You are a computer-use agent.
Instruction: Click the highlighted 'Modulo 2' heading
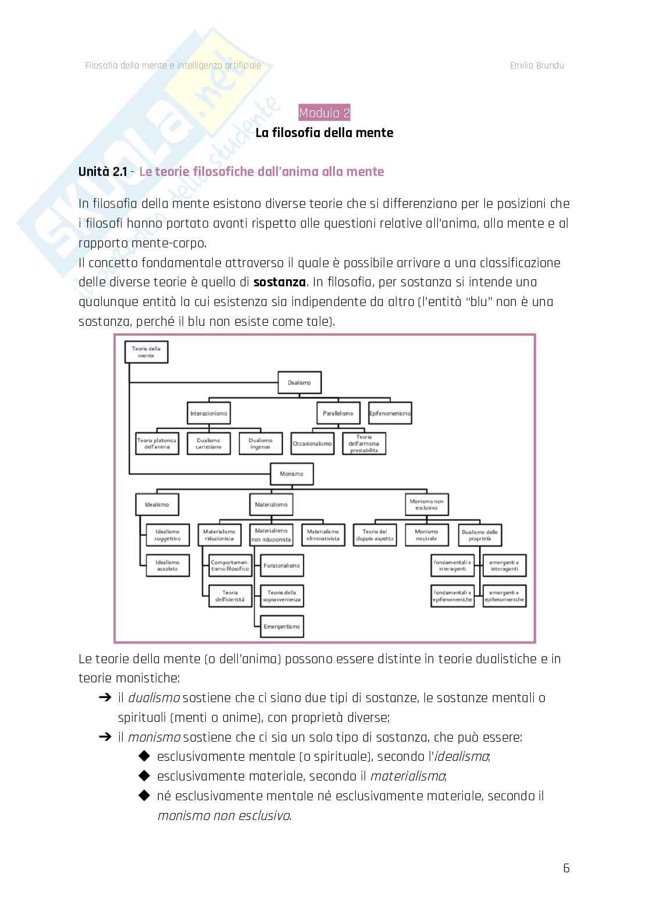[x=324, y=113]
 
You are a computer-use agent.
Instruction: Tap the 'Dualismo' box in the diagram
[x=299, y=383]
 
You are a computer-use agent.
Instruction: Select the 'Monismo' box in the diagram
[x=291, y=474]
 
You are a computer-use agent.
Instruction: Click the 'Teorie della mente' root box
[x=147, y=352]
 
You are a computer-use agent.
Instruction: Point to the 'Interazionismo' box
[x=209, y=413]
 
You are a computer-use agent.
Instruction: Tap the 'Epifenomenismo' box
[x=390, y=413]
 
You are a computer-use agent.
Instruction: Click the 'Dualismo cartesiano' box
[x=209, y=444]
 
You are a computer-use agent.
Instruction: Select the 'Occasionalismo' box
[x=312, y=444]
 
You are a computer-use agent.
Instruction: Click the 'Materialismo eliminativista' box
[x=323, y=535]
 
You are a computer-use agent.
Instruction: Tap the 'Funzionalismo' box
[x=281, y=566]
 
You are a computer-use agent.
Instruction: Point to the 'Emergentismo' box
[x=281, y=627]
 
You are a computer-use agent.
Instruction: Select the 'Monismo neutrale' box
[x=426, y=535]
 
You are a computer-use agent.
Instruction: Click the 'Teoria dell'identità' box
[x=230, y=596]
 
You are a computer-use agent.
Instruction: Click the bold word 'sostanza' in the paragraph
[x=280, y=282]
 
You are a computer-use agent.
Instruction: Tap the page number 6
[x=566, y=868]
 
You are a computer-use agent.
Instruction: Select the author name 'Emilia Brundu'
[x=537, y=65]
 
